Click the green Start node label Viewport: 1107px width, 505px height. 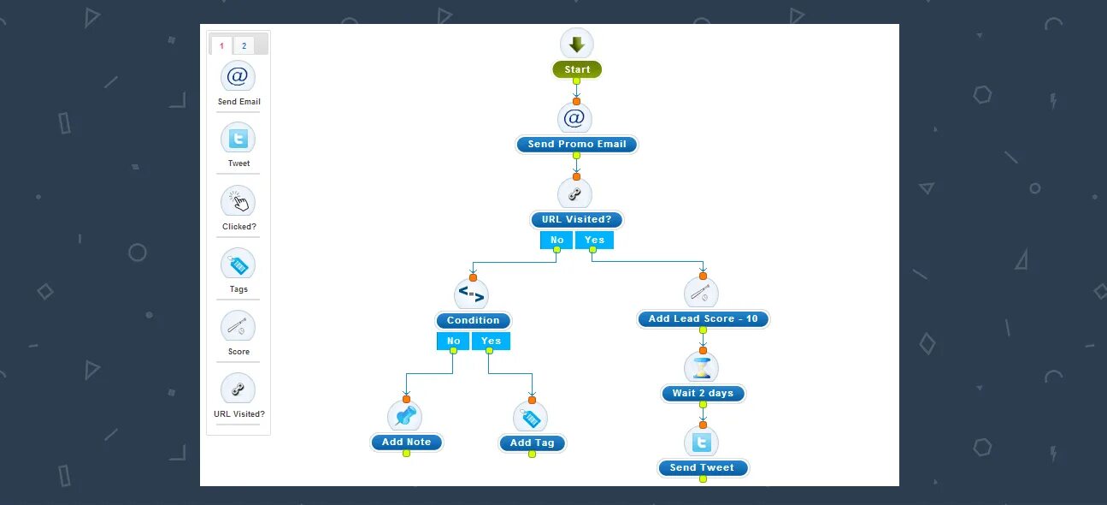(577, 70)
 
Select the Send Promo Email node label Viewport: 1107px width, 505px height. (577, 145)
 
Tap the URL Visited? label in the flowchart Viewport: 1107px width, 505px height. (577, 220)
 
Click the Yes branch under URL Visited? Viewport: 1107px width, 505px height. (594, 241)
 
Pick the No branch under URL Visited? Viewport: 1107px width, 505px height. (556, 241)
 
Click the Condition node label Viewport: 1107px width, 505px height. (473, 321)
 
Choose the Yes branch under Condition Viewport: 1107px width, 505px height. (491, 342)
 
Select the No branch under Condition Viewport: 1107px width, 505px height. (453, 342)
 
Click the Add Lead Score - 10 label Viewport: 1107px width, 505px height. (703, 319)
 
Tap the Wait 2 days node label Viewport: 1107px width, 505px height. (703, 394)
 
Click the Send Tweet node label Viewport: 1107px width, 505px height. (702, 468)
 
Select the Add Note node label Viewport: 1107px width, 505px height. (406, 443)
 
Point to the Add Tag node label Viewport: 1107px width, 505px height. (532, 443)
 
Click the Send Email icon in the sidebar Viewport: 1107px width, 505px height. (238, 76)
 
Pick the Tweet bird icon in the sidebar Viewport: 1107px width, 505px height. (238, 138)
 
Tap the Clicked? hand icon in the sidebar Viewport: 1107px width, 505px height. (238, 201)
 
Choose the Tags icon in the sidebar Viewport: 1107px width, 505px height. (238, 264)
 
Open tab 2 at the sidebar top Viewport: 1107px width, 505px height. (244, 46)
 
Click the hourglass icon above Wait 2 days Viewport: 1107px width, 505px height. (702, 368)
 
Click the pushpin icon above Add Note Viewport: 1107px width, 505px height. (405, 417)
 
